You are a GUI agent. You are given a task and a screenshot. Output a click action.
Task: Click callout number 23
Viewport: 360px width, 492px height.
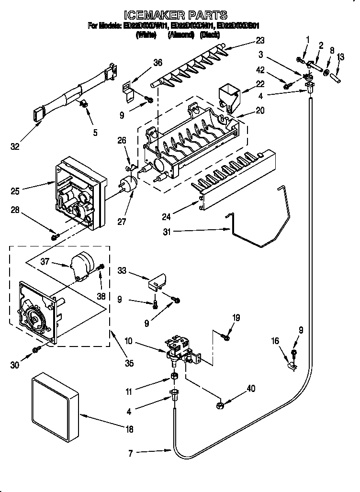tap(259, 40)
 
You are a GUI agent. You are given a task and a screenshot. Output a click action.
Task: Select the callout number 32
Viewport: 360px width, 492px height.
tap(15, 146)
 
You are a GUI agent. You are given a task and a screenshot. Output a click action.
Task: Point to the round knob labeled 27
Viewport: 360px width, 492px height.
tap(127, 184)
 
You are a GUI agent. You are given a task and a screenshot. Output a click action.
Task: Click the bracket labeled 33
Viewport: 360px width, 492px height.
tap(158, 281)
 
